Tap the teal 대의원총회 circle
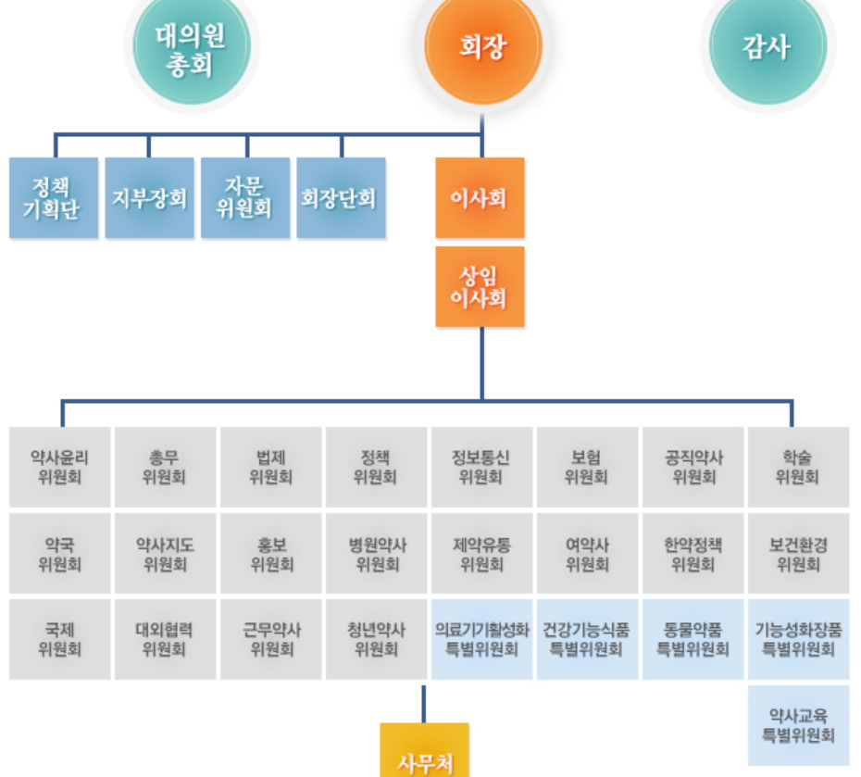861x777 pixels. tap(191, 48)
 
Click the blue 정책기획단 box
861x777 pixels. tap(54, 198)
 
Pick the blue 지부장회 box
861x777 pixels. tap(149, 198)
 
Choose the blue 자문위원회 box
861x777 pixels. tap(244, 198)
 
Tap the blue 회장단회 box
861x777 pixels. tap(340, 198)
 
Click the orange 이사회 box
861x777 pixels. tap(480, 198)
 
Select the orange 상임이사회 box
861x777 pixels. tap(480, 286)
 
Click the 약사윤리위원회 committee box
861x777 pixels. tap(59, 467)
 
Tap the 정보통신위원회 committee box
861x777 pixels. tap(480, 467)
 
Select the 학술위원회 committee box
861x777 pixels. tap(797, 467)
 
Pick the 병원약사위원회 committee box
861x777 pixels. tap(376, 554)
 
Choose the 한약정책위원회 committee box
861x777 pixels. tap(693, 554)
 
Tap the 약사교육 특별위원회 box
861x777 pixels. tap(797, 725)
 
